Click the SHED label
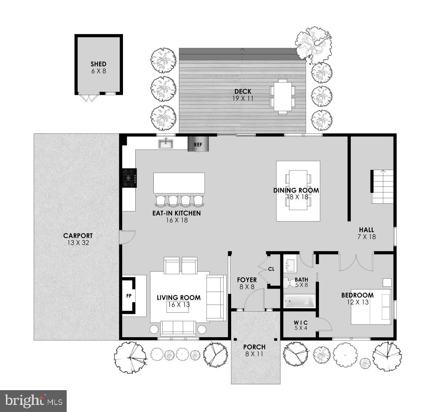click(x=99, y=64)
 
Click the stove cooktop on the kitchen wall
click(x=130, y=178)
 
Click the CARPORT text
click(x=78, y=236)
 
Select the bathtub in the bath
click(x=300, y=301)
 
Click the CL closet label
click(x=271, y=269)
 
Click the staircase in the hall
click(x=382, y=187)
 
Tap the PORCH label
click(x=254, y=347)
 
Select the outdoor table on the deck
click(x=283, y=96)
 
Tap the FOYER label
click(x=247, y=280)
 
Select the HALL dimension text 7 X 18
click(x=367, y=237)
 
